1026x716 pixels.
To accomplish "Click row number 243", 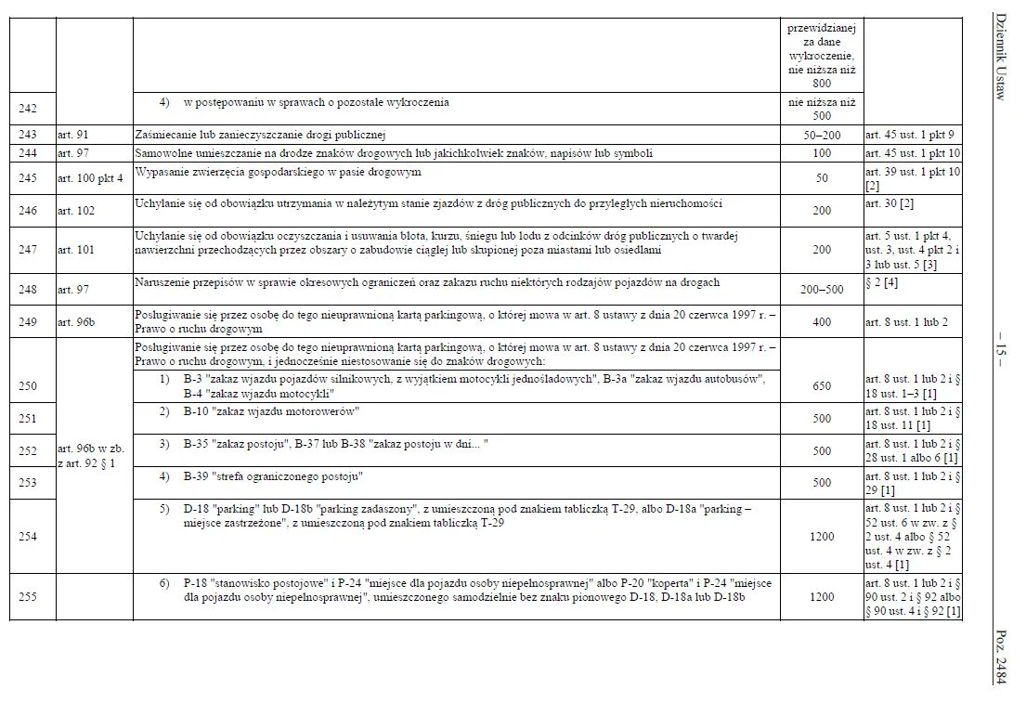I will [x=28, y=135].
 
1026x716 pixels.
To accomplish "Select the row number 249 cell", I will [x=28, y=322].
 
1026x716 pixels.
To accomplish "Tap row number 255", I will [x=28, y=597].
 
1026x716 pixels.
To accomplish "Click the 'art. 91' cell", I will [x=71, y=135].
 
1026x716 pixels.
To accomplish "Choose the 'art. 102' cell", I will [x=76, y=211].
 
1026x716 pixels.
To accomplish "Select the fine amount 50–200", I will [x=822, y=135].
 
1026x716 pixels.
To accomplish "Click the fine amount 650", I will [x=822, y=386].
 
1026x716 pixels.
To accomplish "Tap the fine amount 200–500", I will [x=822, y=290].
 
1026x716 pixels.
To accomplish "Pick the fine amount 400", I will [x=822, y=322].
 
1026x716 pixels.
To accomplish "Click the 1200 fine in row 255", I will [x=822, y=597].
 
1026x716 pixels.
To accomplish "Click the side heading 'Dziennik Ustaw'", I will [x=1001, y=57].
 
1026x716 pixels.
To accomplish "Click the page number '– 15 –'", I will [x=1001, y=358].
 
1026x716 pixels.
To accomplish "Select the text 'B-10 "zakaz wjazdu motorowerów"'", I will [x=271, y=410].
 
